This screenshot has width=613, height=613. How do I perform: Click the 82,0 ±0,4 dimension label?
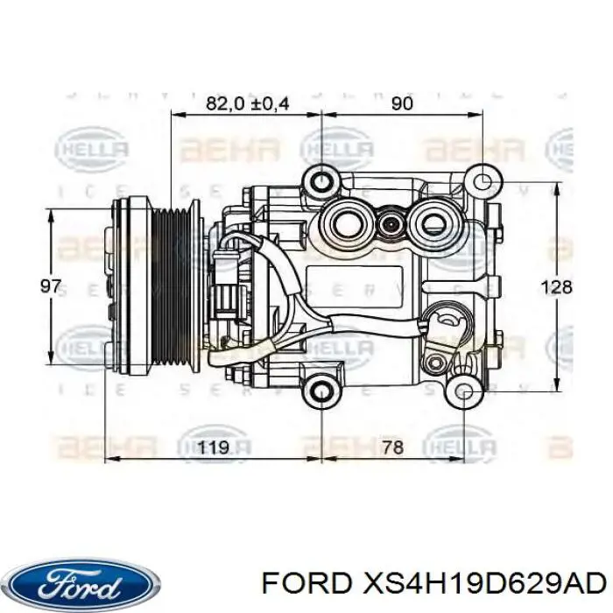click(247, 103)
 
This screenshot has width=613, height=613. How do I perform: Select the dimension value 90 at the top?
click(401, 103)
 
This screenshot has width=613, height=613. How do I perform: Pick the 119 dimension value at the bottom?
click(212, 448)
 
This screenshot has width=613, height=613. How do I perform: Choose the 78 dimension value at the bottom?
click(392, 448)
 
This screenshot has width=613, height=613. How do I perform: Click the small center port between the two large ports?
click(390, 225)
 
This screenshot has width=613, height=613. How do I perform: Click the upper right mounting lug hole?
click(480, 181)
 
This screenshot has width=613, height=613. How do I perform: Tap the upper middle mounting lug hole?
click(322, 181)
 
